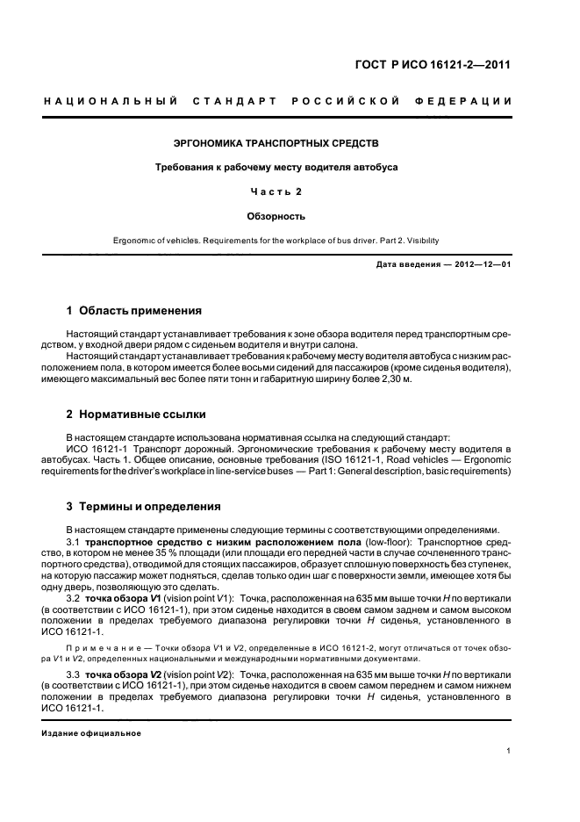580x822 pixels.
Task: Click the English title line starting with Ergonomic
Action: point(276,239)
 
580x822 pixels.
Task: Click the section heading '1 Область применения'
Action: point(134,311)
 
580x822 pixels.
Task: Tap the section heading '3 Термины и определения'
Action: point(144,507)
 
